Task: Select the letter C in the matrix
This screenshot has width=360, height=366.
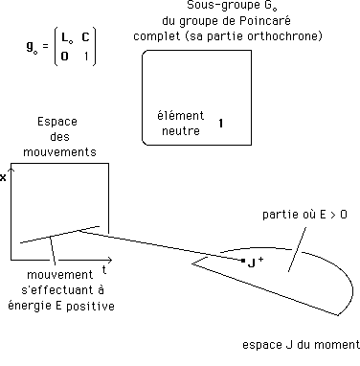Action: click(x=86, y=37)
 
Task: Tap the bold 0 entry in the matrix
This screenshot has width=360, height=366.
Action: click(x=65, y=55)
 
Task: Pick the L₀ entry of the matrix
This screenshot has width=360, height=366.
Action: click(x=66, y=37)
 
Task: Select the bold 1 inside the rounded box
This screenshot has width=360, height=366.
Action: click(x=221, y=124)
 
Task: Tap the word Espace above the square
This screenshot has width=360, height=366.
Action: click(x=57, y=123)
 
